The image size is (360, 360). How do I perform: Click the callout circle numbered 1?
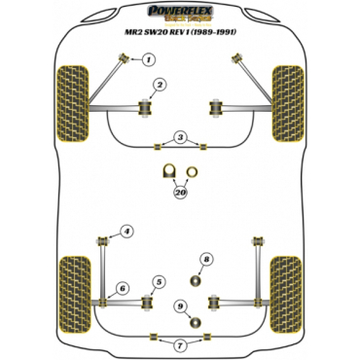point(149,59)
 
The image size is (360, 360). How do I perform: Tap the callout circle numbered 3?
point(180,136)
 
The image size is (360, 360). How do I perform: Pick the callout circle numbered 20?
point(180,193)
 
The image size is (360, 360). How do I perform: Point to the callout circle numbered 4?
point(126,232)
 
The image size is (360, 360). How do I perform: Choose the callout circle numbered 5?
point(158,282)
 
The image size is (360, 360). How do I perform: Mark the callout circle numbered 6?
point(122,288)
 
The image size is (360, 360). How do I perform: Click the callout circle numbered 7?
point(180,344)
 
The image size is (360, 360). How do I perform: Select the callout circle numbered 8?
point(206,259)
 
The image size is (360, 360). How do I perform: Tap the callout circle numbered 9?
point(180,306)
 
